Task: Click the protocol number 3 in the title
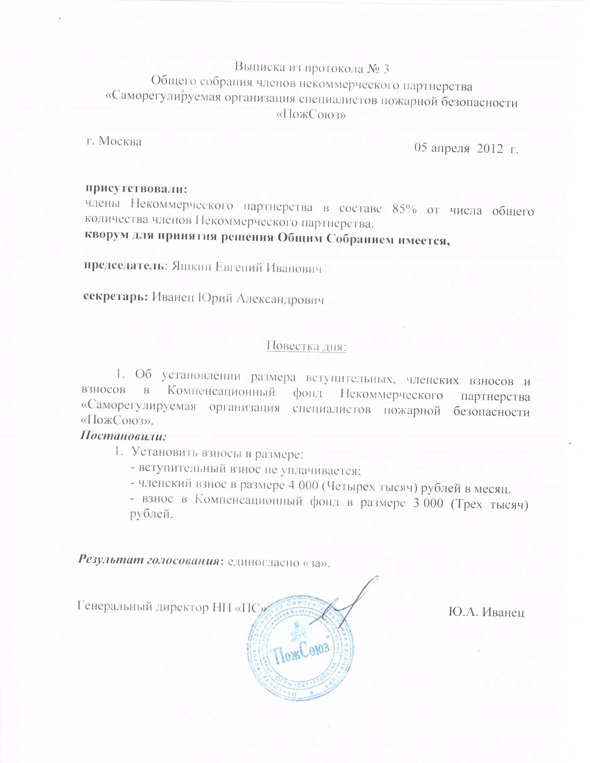tap(385, 69)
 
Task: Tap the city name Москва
tap(120, 142)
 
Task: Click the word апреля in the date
tap(449, 148)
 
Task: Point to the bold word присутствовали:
tap(137, 189)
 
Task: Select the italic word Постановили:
tap(124, 436)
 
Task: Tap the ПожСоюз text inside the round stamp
tap(301, 651)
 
